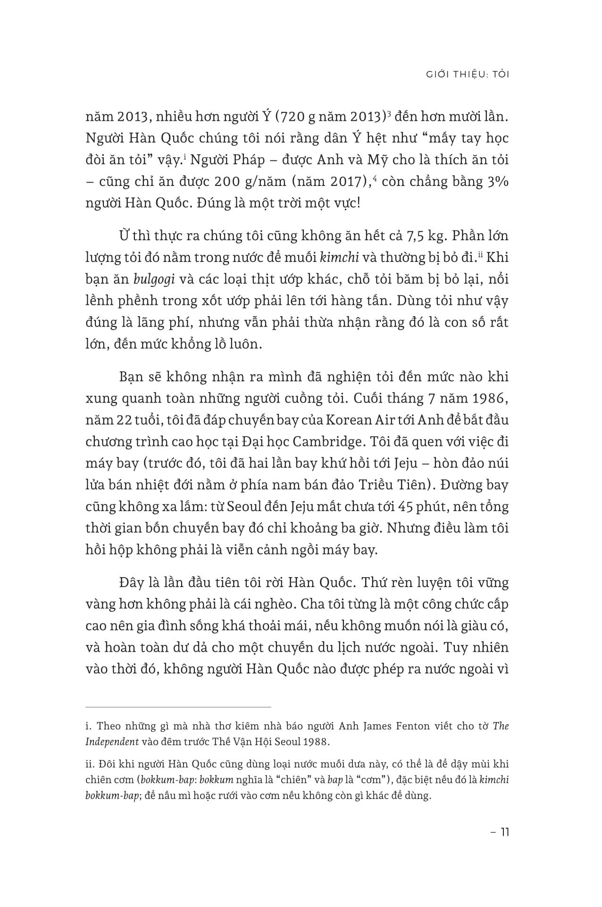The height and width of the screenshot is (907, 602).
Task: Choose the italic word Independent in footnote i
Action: click(112, 741)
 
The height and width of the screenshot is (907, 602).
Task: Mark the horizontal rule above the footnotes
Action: click(178, 707)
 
